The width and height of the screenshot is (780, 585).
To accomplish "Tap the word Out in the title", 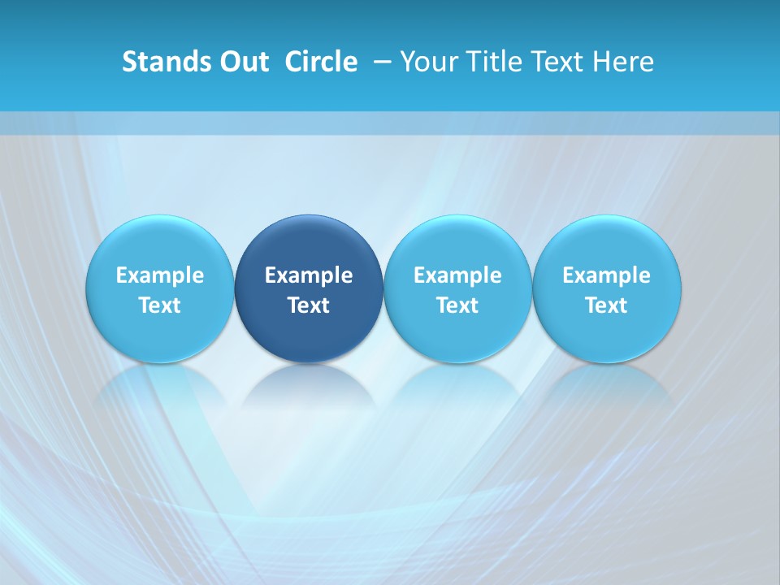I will pyautogui.click(x=242, y=62).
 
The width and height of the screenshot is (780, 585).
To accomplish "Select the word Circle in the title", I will pyautogui.click(x=321, y=62).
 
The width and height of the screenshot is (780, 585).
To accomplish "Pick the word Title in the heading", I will pyautogui.click(x=488, y=62).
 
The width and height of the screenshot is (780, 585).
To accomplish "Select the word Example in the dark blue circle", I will pyautogui.click(x=309, y=275).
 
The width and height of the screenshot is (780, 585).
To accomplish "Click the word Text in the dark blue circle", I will pyautogui.click(x=309, y=305).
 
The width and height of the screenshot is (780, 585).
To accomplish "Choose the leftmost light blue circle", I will pyautogui.click(x=160, y=244).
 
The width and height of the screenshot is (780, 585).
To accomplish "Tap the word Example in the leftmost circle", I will pyautogui.click(x=160, y=275).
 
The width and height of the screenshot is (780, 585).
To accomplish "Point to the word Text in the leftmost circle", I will pyautogui.click(x=160, y=305).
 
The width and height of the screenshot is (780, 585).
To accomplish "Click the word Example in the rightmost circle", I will pyautogui.click(x=606, y=275).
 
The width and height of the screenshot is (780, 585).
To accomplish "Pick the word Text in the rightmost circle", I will pyautogui.click(x=606, y=305).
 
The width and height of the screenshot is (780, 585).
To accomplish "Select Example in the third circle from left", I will pyautogui.click(x=457, y=275).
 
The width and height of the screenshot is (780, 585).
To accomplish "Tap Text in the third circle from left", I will pyautogui.click(x=457, y=305).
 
